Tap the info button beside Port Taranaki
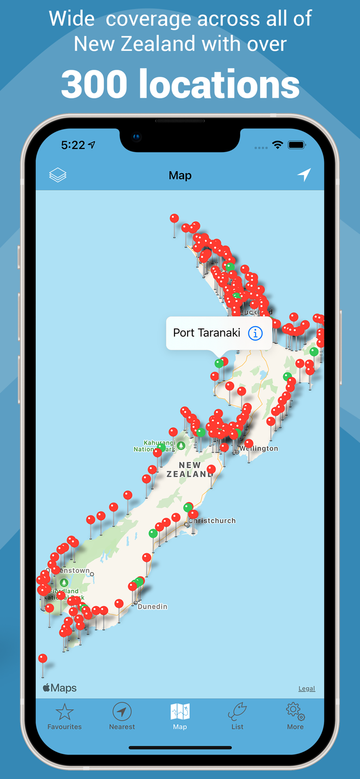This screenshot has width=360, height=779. pyautogui.click(x=255, y=333)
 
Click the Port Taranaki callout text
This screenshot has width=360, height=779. pyautogui.click(x=207, y=333)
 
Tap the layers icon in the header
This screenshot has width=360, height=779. pyautogui.click(x=58, y=176)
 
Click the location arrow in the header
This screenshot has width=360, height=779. pyautogui.click(x=304, y=175)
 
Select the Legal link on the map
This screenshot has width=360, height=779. pyautogui.click(x=306, y=689)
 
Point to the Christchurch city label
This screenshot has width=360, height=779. pyautogui.click(x=213, y=520)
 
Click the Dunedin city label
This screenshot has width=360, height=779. pyautogui.click(x=153, y=607)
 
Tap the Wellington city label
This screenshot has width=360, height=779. pyautogui.click(x=259, y=449)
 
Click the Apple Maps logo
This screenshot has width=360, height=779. pyautogui.click(x=60, y=688)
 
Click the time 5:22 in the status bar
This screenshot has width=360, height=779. pyautogui.click(x=73, y=145)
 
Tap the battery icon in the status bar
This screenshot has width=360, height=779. pyautogui.click(x=297, y=145)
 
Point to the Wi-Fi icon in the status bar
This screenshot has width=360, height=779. pyautogui.click(x=277, y=145)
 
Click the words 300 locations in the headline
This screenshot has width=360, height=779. pyautogui.click(x=180, y=84)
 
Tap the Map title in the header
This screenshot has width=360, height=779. pyautogui.click(x=180, y=176)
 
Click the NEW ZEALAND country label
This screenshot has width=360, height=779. pyautogui.click(x=189, y=469)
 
